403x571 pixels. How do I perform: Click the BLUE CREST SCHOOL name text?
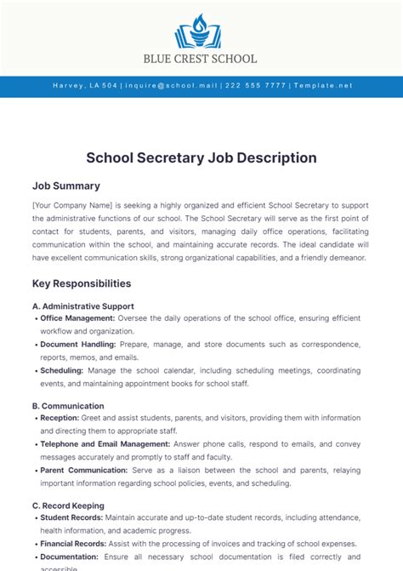(201, 59)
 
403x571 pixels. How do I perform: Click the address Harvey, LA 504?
(85, 86)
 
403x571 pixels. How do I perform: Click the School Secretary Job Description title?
(201, 157)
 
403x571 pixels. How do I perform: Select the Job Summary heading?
(66, 186)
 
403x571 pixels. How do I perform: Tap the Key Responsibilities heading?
(82, 283)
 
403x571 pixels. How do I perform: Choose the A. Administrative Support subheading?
(82, 305)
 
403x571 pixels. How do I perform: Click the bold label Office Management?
(77, 318)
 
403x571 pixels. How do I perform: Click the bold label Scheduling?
(62, 371)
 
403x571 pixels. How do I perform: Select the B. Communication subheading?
(68, 406)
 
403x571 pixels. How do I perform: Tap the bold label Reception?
(60, 418)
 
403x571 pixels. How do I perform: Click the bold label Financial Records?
(75, 544)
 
